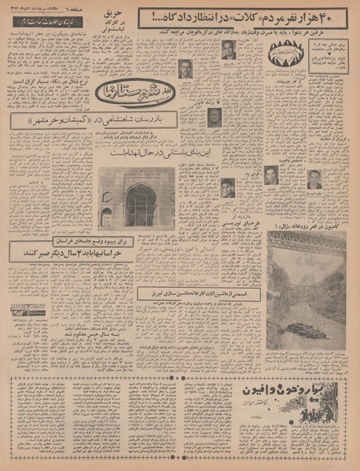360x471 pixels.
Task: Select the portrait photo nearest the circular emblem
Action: (x=228, y=51)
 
